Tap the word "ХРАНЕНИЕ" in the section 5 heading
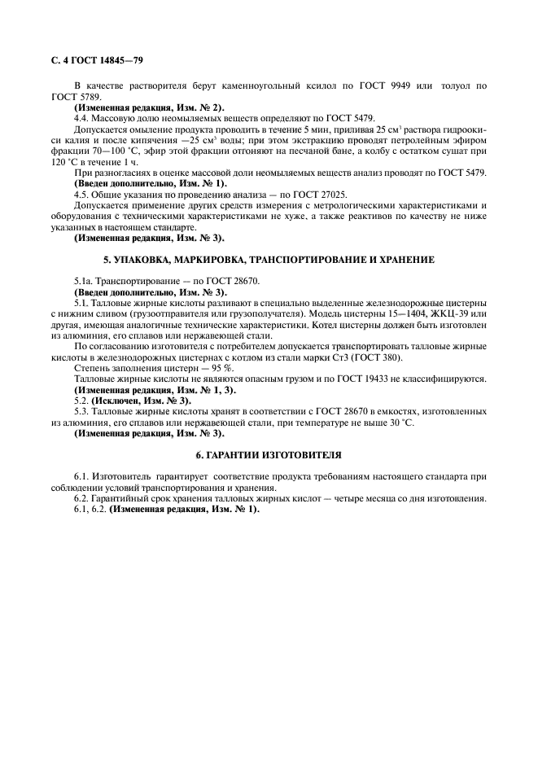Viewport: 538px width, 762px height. pos(404,260)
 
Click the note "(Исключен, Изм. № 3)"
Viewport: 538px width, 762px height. pos(142,401)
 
